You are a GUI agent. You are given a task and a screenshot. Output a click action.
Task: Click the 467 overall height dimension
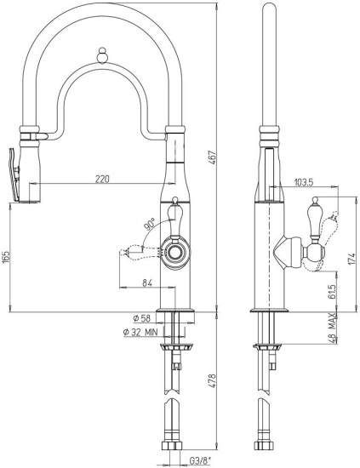(213, 158)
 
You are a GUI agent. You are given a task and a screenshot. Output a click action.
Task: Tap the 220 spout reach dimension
(102, 179)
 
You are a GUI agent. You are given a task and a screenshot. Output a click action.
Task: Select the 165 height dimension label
(6, 257)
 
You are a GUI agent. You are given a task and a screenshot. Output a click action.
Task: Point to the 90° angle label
(150, 224)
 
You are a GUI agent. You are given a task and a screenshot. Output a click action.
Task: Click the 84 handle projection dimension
(147, 283)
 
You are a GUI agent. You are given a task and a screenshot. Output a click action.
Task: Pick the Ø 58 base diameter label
(142, 318)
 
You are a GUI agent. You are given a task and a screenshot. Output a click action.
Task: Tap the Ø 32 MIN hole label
(140, 332)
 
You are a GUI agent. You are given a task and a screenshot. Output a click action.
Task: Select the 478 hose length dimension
(212, 381)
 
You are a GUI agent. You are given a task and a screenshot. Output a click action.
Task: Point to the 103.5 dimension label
(304, 182)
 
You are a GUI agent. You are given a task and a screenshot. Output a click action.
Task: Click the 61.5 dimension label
(333, 291)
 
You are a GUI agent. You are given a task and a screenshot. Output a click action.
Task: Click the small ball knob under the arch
(102, 55)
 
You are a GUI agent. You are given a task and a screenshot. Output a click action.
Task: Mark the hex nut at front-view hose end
(172, 446)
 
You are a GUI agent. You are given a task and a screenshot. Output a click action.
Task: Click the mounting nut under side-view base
(267, 347)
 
